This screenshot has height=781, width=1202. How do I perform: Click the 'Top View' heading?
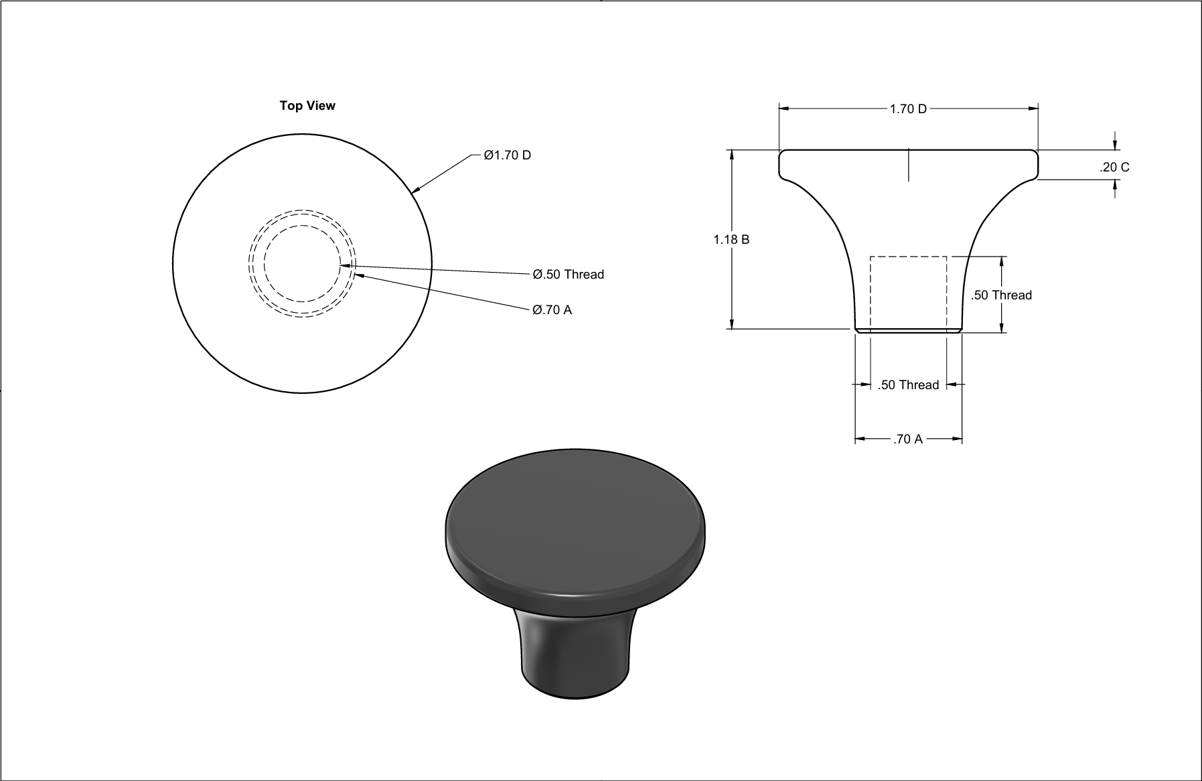307,106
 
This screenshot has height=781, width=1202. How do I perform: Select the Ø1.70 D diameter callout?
508,155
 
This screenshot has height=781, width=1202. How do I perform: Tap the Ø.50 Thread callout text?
569,274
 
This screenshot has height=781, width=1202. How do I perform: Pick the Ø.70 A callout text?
552,309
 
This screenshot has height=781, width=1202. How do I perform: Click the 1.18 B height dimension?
731,239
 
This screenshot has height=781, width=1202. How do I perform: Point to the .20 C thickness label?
1114,167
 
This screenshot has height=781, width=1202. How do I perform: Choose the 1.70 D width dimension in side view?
908,109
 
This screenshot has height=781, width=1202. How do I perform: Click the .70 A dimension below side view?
908,439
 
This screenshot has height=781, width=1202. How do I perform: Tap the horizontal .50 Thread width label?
908,384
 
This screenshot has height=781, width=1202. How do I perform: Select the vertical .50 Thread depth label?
1001,295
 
